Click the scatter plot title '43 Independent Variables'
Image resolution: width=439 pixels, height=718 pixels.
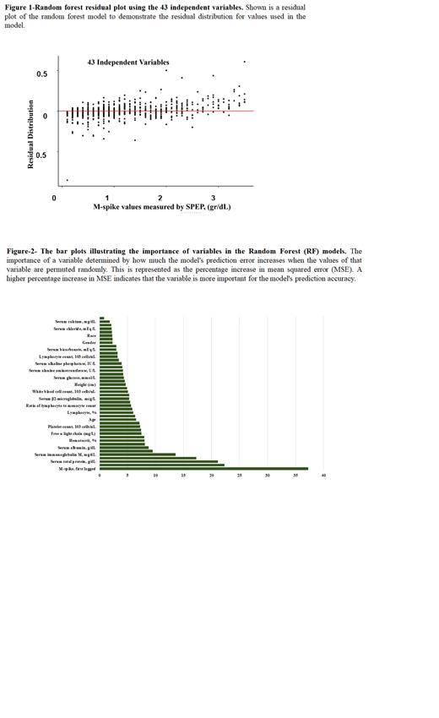128,63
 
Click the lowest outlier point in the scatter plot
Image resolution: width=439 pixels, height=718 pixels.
68,180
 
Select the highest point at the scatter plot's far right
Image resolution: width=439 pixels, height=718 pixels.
245,62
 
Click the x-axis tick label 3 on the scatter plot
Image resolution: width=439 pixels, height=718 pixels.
213,198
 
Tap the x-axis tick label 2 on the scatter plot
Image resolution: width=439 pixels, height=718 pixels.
160,198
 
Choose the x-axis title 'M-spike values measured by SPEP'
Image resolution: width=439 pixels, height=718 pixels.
161,207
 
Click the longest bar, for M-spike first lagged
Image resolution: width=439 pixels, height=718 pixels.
203,469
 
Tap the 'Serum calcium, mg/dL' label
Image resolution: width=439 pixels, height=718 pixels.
76,322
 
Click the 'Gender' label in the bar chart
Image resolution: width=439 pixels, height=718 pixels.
89,342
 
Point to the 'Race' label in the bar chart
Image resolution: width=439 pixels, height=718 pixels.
91,335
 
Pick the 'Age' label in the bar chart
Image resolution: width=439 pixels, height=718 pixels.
92,419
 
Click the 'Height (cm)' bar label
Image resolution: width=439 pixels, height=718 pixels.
85,384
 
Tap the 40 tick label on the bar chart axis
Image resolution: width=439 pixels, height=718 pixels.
323,476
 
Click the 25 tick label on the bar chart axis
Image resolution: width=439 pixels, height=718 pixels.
240,476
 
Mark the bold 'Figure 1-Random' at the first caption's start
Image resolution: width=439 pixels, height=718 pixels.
34,7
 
